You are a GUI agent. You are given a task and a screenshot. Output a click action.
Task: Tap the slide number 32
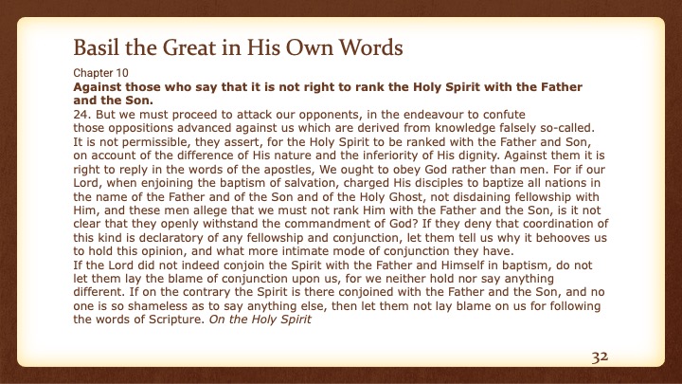pos(598,357)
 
